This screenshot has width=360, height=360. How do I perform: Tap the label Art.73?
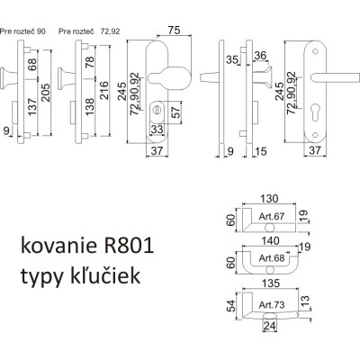(x=271, y=305)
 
